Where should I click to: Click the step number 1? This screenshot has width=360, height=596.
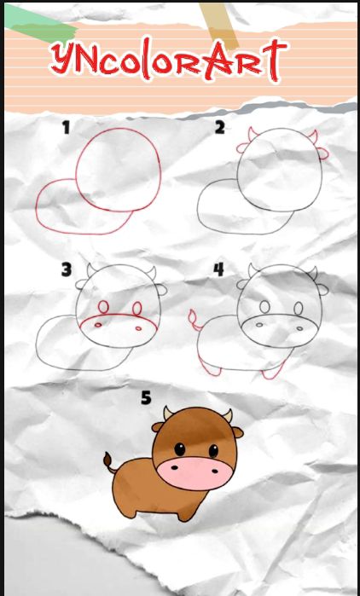(x=67, y=128)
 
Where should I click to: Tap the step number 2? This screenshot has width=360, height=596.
(x=219, y=128)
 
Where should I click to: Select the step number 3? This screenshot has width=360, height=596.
(x=67, y=269)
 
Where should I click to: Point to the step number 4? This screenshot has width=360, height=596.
(x=218, y=269)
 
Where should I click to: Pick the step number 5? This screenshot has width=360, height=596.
(x=147, y=397)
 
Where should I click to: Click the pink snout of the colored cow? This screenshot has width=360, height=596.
(x=195, y=473)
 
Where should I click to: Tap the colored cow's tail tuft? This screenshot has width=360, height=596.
(x=107, y=460)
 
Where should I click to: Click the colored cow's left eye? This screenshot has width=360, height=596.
(x=180, y=449)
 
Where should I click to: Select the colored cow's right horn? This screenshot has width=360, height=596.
(x=228, y=415)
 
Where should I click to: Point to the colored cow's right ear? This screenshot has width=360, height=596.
(x=238, y=432)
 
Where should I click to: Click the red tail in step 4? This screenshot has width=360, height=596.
(x=195, y=320)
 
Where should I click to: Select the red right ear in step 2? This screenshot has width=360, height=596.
(x=322, y=153)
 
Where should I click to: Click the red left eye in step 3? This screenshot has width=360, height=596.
(x=103, y=307)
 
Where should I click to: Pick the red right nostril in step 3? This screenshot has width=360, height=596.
(x=138, y=328)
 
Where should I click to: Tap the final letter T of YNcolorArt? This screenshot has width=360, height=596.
(x=275, y=60)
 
